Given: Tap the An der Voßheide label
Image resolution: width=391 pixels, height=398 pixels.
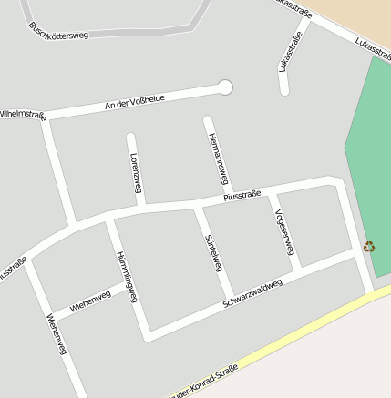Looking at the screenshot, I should (134, 101).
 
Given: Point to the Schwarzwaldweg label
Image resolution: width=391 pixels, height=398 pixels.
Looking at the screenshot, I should (252, 293).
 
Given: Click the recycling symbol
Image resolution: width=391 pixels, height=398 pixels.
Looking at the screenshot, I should (369, 246).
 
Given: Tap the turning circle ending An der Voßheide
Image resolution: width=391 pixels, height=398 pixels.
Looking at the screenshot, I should (225, 87).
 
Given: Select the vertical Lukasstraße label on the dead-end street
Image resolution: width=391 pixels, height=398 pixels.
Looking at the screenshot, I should (291, 52).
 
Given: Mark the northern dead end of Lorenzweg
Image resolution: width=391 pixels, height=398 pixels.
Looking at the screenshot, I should (130, 138).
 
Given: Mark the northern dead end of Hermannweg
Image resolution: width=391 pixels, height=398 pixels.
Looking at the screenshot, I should (208, 120).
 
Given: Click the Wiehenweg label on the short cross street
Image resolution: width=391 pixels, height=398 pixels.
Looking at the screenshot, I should (90, 301).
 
